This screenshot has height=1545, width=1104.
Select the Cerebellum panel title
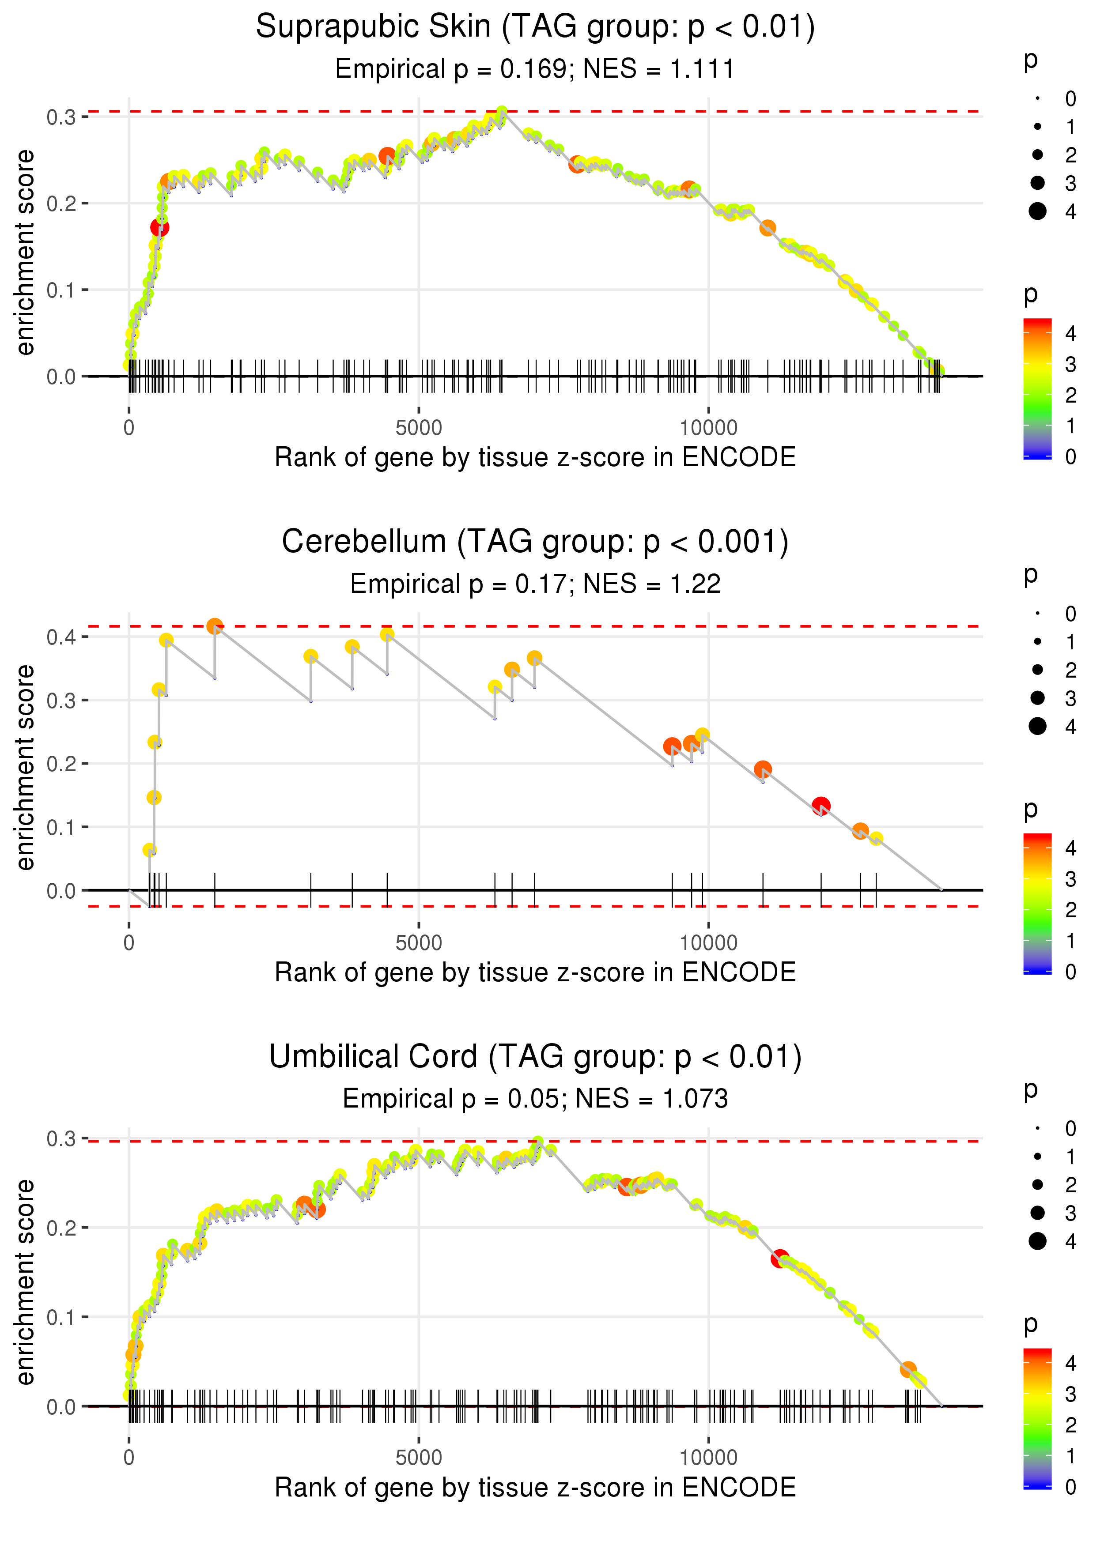[x=535, y=542]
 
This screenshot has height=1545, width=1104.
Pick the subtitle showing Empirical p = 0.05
[x=535, y=1099]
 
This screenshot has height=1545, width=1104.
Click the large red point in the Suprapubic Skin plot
[x=160, y=227]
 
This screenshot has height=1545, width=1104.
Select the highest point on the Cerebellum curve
[x=215, y=626]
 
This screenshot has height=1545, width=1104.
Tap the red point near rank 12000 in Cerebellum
[x=821, y=806]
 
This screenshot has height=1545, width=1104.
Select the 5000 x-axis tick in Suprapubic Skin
[x=419, y=428]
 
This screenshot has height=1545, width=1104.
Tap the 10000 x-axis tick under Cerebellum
[x=708, y=943]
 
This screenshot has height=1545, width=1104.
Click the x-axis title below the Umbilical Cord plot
[x=535, y=1487]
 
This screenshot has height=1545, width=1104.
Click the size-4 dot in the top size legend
[x=1037, y=211]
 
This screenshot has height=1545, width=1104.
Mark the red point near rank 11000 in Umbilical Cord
[x=780, y=1258]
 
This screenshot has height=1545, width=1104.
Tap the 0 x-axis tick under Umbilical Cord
[x=129, y=1458]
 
